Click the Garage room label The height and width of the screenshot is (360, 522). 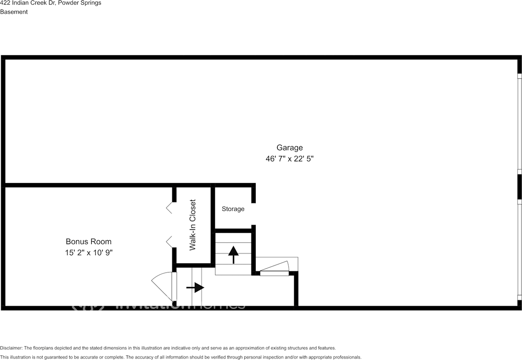click(x=290, y=148)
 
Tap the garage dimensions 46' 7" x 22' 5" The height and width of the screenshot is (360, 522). click(x=290, y=159)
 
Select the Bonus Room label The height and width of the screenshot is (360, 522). click(x=88, y=242)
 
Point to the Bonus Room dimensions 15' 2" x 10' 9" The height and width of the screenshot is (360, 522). click(x=88, y=253)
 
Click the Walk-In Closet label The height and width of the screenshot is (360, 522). click(x=193, y=225)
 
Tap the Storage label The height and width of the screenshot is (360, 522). click(x=233, y=209)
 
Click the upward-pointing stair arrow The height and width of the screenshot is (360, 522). click(x=233, y=254)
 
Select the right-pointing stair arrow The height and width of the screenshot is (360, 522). click(x=195, y=288)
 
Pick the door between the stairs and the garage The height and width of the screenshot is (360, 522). click(x=274, y=271)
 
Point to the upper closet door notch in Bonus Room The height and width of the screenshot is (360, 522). click(x=169, y=208)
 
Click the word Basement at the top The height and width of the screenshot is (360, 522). click(x=14, y=12)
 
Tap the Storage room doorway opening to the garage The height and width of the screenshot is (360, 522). click(x=253, y=214)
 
